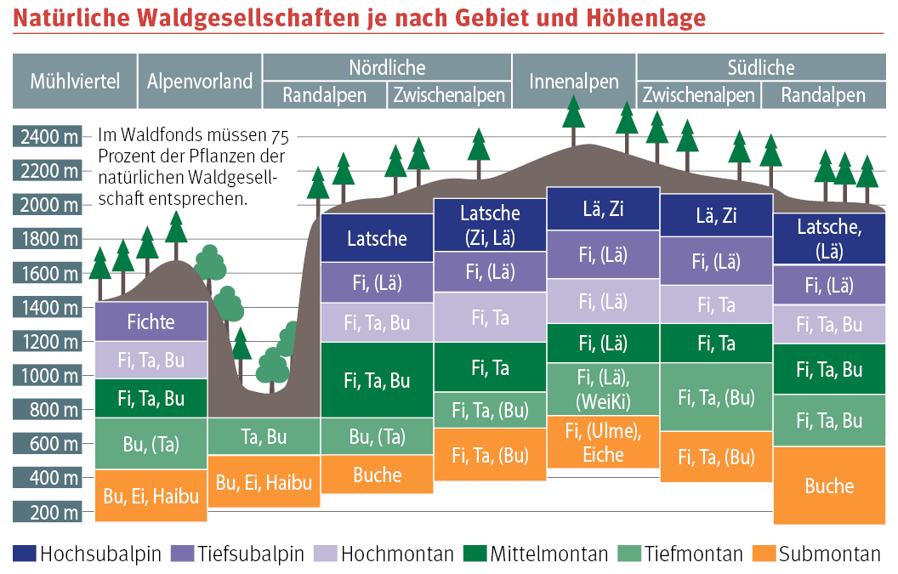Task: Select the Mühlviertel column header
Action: point(74,82)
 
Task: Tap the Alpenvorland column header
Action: point(200,82)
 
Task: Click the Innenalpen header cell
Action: point(574,82)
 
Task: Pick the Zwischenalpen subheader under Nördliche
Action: point(450,95)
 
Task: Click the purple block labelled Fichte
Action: point(151,321)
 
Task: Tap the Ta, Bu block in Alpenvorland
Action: point(264,437)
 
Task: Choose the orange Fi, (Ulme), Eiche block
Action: point(603,442)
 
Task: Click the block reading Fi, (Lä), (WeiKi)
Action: point(603,388)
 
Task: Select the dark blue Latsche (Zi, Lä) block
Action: point(490,224)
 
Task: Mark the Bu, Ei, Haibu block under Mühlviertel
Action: point(151,495)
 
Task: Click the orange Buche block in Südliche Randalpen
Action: point(829,486)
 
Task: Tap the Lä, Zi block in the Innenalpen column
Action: point(603,208)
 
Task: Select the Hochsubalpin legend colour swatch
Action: point(25,554)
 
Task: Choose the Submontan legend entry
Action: point(829,554)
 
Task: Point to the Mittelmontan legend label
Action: point(548,554)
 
